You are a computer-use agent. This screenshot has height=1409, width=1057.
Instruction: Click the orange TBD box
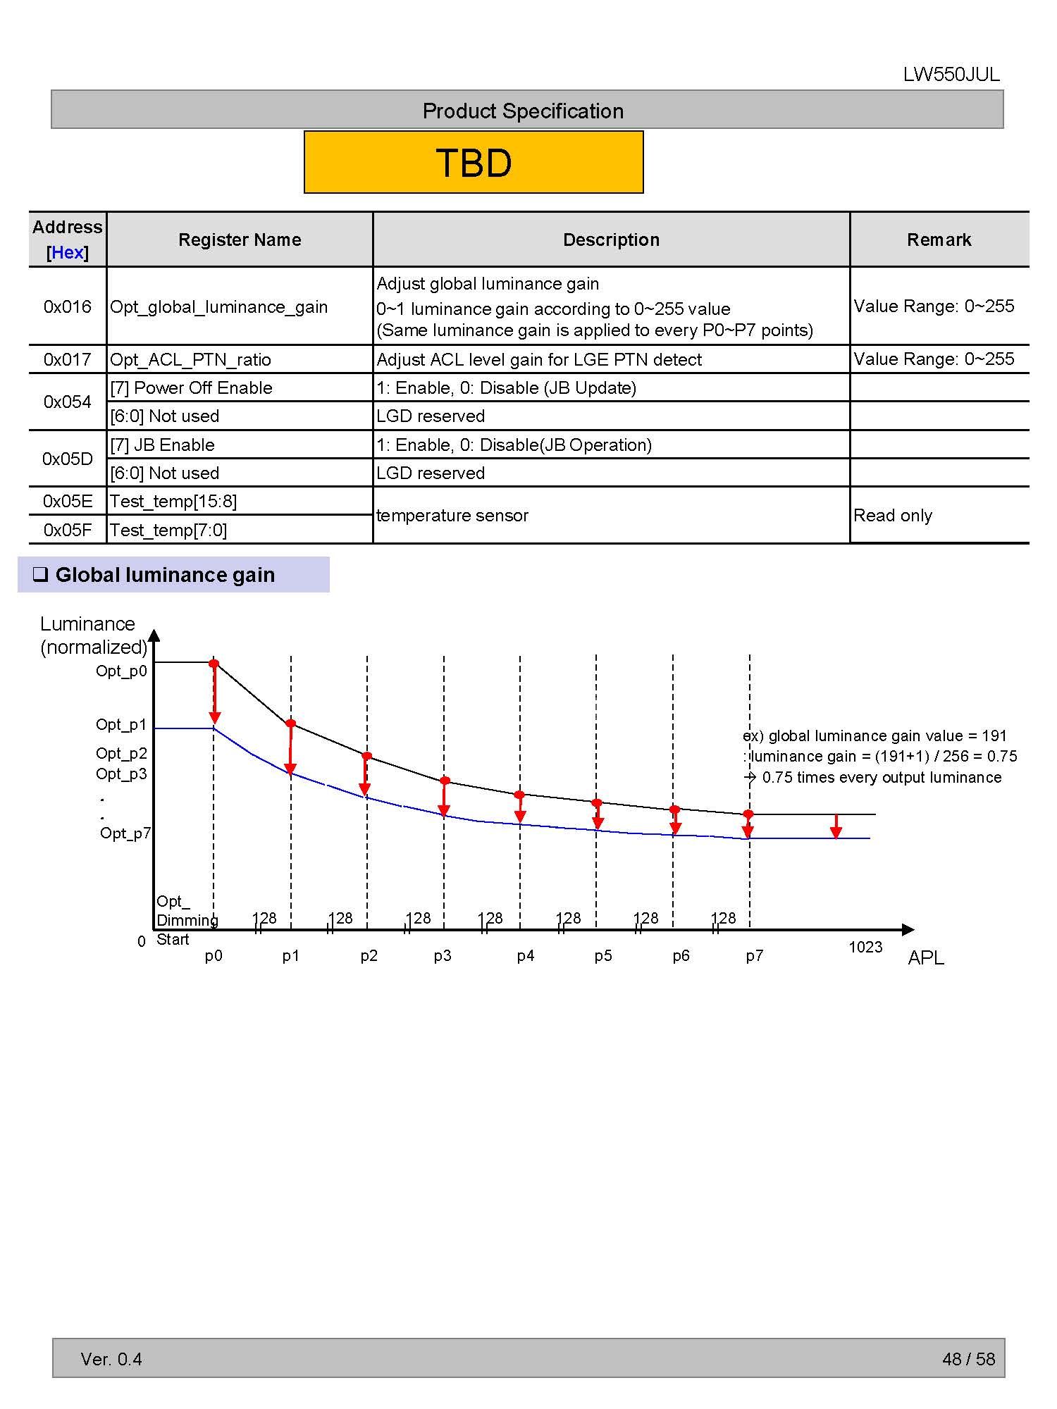click(x=474, y=162)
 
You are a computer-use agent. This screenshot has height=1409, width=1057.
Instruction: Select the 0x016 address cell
click(x=68, y=306)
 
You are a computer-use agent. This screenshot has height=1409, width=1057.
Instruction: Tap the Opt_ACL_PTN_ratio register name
click(x=190, y=359)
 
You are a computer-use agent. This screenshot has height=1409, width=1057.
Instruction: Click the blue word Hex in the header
click(x=68, y=252)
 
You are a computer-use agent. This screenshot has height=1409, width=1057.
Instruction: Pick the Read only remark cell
click(x=893, y=515)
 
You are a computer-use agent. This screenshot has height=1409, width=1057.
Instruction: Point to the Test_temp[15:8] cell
click(x=173, y=501)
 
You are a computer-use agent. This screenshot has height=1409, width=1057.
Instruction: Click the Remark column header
click(x=939, y=240)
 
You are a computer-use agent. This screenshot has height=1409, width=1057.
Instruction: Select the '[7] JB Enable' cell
click(x=163, y=445)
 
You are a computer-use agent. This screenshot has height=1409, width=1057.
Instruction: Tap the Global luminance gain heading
click(x=165, y=575)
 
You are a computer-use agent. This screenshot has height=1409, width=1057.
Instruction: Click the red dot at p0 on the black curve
click(x=214, y=664)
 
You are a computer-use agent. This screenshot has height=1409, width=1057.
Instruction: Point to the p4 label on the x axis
click(x=526, y=955)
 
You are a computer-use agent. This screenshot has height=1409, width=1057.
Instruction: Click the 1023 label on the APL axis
click(x=865, y=947)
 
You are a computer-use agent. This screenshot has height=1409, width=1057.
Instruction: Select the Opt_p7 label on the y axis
click(x=125, y=833)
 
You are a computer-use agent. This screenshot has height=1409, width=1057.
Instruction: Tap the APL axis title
click(x=925, y=957)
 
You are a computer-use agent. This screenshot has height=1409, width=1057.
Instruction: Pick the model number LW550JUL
click(x=951, y=75)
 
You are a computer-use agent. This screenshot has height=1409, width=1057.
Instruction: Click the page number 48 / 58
click(x=968, y=1359)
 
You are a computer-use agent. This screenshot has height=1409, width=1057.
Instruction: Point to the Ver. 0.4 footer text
click(x=111, y=1359)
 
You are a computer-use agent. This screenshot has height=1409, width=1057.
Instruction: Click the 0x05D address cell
click(x=68, y=459)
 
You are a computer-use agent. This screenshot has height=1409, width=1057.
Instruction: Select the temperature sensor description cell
click(x=452, y=515)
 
